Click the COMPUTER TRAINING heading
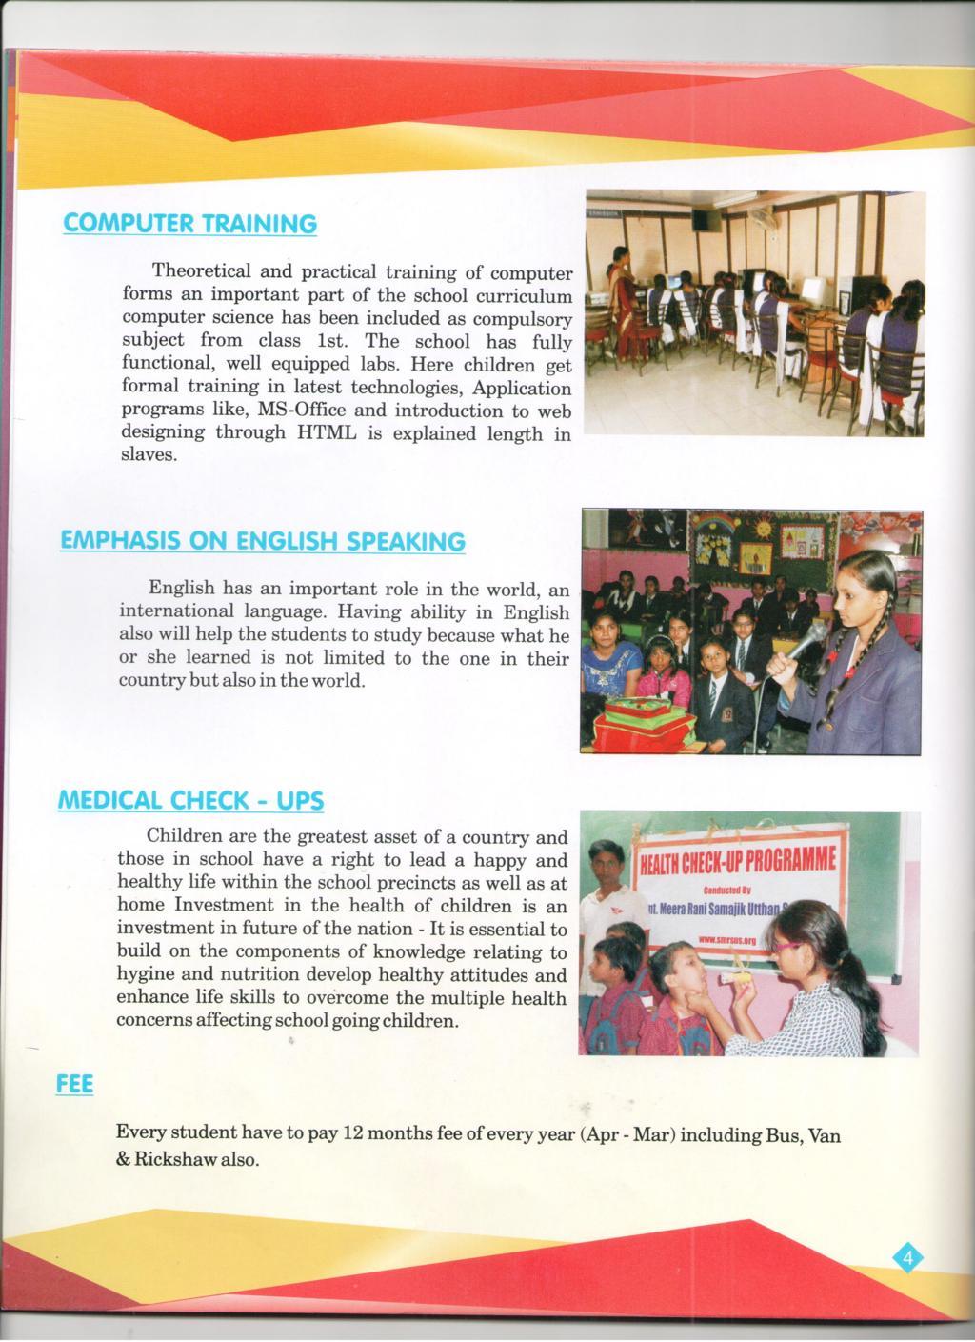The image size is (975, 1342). pos(189,224)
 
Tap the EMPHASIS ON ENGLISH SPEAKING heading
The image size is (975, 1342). pos(263,541)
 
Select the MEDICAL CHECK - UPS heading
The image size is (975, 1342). pos(191,800)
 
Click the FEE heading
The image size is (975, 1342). pos(75,1084)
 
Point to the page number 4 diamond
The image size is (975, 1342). pos(907,1259)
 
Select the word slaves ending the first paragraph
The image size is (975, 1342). pos(149,455)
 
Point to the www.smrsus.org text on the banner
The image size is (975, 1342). pos(726,939)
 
